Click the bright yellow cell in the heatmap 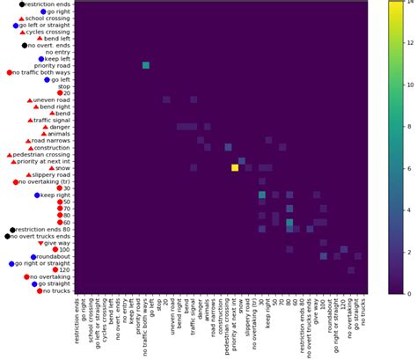(x=235, y=167)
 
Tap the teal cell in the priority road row (x=146, y=65)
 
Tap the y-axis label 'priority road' (x=54, y=65)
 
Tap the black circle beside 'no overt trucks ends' (x=8, y=236)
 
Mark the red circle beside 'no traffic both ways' (x=9, y=72)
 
